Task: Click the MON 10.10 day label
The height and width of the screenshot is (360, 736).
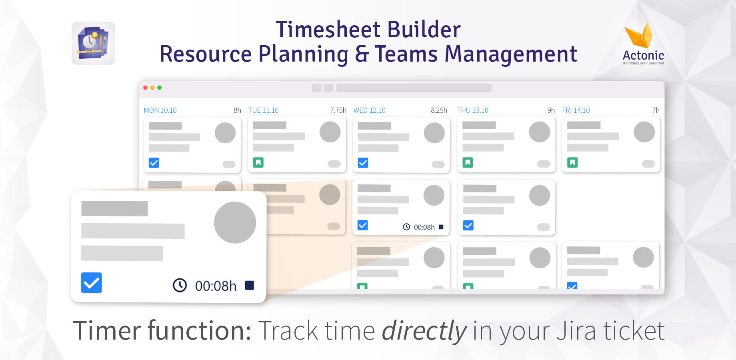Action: [160, 110]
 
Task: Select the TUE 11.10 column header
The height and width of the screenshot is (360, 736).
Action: [263, 110]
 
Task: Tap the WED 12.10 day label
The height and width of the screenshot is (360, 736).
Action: [369, 110]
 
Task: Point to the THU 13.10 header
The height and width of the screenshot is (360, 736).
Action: [472, 110]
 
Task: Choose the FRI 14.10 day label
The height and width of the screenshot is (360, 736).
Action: [576, 110]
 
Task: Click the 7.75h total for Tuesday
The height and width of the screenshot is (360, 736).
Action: [338, 110]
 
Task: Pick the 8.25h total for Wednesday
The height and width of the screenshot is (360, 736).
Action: [439, 110]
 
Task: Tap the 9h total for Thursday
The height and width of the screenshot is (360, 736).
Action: [551, 110]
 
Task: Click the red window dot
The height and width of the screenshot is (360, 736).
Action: [146, 88]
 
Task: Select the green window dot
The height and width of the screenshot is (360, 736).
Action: [159, 88]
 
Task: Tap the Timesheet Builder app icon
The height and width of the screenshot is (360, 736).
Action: [93, 43]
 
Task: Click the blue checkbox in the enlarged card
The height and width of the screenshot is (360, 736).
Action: [92, 283]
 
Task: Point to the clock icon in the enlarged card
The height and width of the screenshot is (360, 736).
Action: [180, 285]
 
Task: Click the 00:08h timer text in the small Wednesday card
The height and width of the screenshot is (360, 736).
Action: [424, 227]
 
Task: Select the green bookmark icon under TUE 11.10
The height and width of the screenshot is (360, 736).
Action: [258, 162]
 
